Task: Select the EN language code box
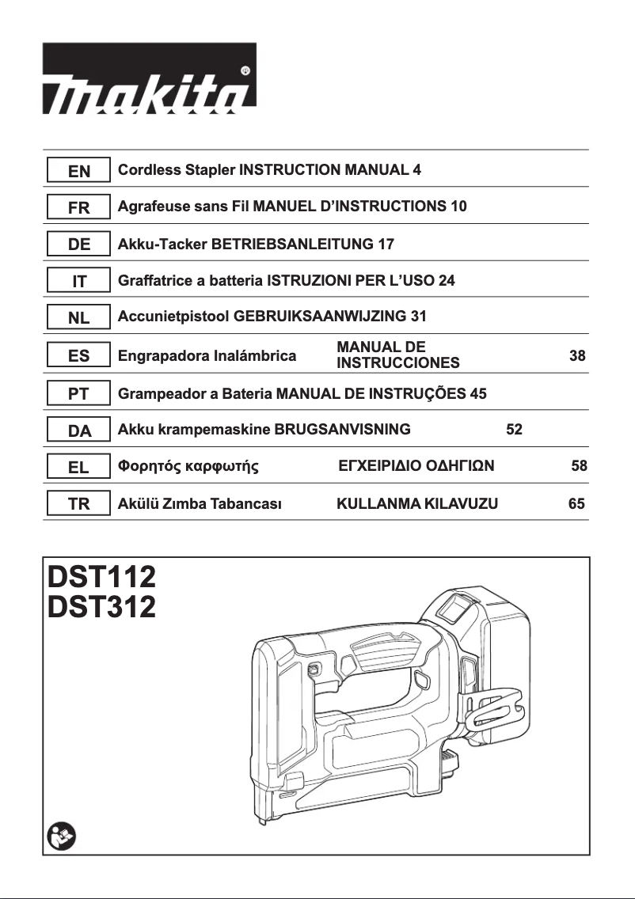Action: click(x=79, y=170)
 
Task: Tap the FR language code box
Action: click(x=79, y=207)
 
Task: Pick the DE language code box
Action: click(x=79, y=245)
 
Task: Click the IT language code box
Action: click(x=79, y=281)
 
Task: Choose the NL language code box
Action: click(x=79, y=318)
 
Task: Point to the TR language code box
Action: click(x=79, y=503)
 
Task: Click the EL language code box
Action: click(x=79, y=467)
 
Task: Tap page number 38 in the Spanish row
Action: click(x=578, y=356)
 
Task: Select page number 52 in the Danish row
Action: click(x=514, y=430)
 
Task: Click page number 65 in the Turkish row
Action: click(x=577, y=503)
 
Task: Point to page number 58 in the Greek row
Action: click(x=580, y=466)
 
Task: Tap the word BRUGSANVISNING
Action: click(x=342, y=430)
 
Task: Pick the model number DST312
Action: click(x=102, y=607)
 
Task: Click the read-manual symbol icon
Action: click(x=60, y=835)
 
